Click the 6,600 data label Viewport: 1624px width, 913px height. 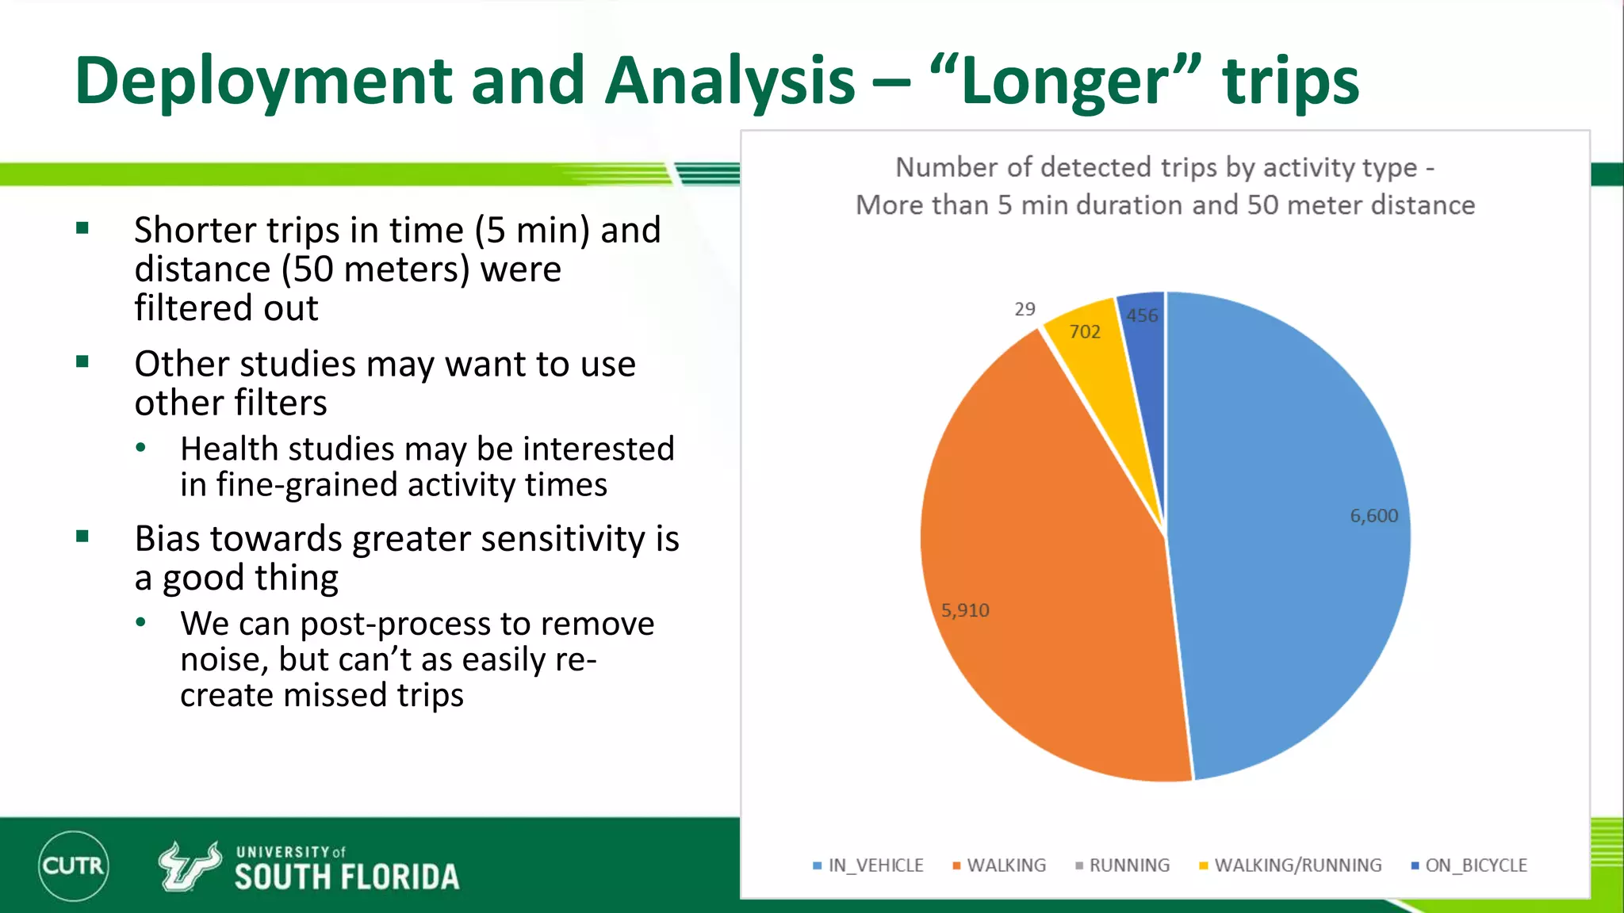tap(1373, 516)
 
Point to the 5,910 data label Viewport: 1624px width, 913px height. tap(965, 610)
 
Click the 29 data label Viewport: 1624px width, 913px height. tap(1025, 309)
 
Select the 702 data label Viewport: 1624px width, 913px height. tap(1084, 332)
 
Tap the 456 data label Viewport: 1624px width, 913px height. tap(1142, 315)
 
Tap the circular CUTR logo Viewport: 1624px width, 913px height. tap(73, 865)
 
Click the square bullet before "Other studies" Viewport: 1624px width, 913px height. tap(82, 362)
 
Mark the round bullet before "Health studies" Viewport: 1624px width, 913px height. tap(141, 448)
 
